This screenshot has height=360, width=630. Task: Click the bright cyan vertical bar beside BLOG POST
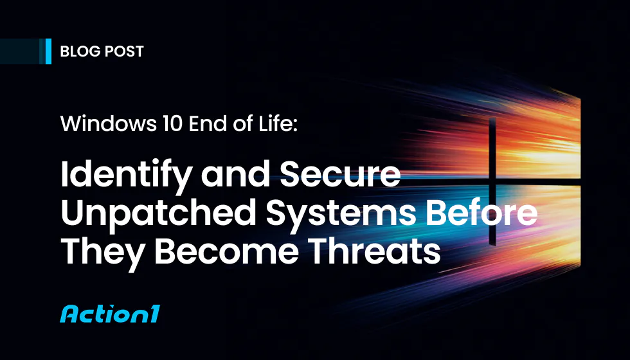click(x=49, y=51)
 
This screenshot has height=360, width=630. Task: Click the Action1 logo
click(x=109, y=314)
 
